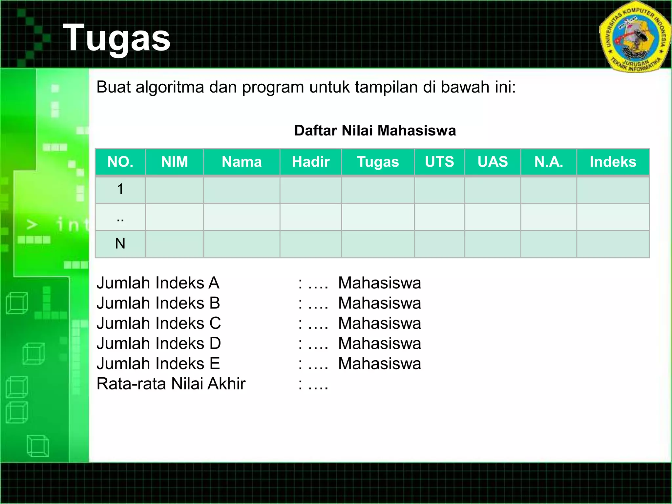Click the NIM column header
175,162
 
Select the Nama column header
241,162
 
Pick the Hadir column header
311,162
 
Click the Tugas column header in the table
378,162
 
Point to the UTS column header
439,162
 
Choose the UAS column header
493,162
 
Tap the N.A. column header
549,162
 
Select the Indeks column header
613,162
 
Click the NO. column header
120,162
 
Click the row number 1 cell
120,189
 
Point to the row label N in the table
120,243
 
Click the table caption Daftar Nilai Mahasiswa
375,131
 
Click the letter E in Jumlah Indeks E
215,364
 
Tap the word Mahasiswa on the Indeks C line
380,323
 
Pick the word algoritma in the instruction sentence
170,87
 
